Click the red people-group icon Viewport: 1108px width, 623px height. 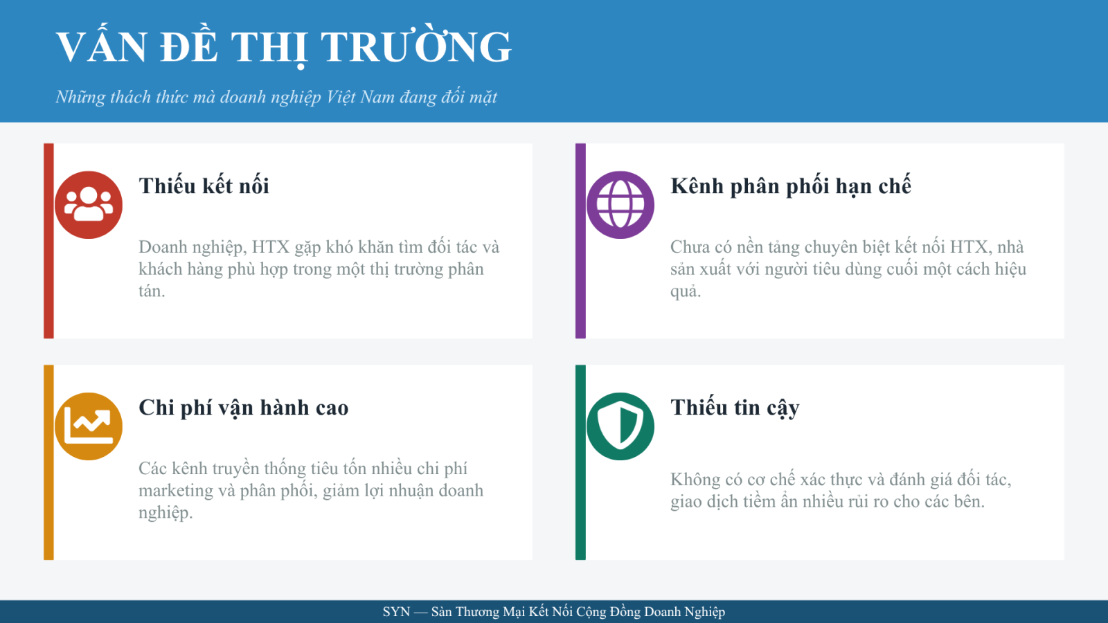point(89,205)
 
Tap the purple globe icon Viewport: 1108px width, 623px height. point(620,205)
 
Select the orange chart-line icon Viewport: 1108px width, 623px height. point(89,426)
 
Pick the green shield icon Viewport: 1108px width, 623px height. point(620,426)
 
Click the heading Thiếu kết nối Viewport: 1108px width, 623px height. point(204,186)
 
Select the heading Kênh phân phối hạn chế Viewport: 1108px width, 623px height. point(790,186)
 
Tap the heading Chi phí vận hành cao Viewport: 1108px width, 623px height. point(243,408)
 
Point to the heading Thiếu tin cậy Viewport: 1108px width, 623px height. point(735,408)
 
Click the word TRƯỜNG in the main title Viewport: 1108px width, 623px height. point(416,46)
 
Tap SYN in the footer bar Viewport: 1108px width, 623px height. point(396,612)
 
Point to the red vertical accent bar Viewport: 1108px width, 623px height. point(48,241)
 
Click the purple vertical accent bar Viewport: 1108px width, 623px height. point(580,241)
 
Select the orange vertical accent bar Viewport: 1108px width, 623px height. point(48,462)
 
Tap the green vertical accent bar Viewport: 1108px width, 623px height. point(580,462)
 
